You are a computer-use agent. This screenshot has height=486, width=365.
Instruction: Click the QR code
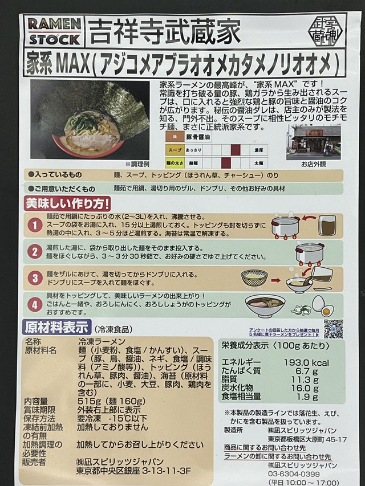(334, 328)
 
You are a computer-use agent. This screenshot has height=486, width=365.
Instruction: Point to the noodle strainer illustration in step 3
(254, 279)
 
